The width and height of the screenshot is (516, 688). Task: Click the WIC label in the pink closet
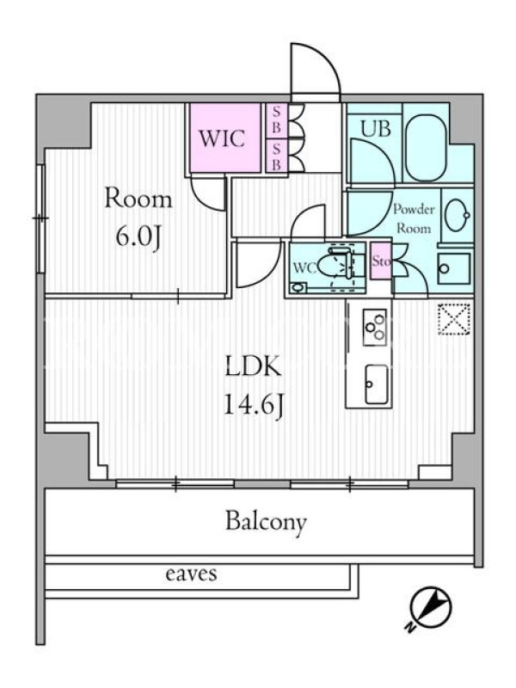click(x=222, y=138)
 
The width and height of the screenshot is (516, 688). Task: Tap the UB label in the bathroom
click(x=375, y=129)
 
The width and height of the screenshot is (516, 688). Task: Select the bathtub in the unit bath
click(x=426, y=148)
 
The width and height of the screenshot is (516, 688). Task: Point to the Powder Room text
click(x=414, y=218)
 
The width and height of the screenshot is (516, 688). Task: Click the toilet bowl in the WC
click(x=335, y=266)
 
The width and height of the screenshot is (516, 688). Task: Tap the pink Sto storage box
click(x=381, y=261)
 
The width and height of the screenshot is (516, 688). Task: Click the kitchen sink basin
click(x=376, y=384)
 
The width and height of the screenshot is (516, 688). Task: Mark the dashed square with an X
click(x=454, y=319)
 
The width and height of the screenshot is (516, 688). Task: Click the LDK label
click(x=253, y=367)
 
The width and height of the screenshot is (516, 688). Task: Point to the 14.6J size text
click(x=254, y=405)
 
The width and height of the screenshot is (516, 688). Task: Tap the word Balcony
click(x=266, y=522)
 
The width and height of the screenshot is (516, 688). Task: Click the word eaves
click(x=191, y=574)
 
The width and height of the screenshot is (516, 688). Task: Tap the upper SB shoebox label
click(x=276, y=120)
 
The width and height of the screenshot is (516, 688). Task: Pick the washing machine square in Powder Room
click(x=454, y=268)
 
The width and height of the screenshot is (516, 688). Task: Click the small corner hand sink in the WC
click(x=298, y=288)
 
